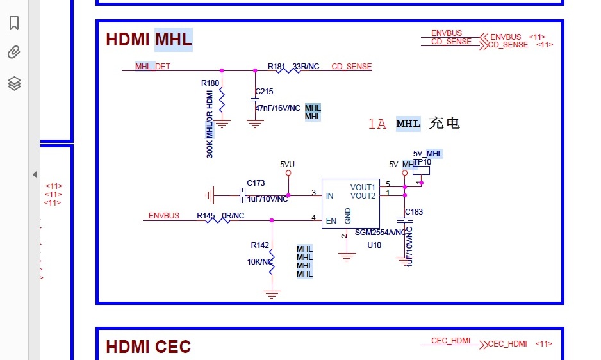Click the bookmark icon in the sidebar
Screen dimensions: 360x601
(x=14, y=23)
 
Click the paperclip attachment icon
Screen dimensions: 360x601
(x=14, y=53)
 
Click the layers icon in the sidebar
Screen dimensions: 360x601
(x=14, y=83)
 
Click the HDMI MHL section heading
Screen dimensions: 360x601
(x=149, y=40)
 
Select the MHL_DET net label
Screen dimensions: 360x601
(x=152, y=67)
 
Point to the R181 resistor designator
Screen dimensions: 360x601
(x=277, y=67)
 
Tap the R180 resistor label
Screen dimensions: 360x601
(x=210, y=83)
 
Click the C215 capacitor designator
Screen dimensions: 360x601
(x=264, y=92)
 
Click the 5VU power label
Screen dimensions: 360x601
(x=288, y=164)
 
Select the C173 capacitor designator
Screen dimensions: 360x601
(x=256, y=183)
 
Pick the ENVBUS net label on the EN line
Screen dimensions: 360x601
(x=164, y=216)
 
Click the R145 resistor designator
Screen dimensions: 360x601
(x=206, y=216)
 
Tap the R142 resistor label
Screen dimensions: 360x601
(x=259, y=245)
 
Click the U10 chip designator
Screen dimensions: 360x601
(x=374, y=245)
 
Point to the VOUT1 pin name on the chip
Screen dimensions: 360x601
(x=363, y=188)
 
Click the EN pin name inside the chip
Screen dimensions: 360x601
(x=331, y=221)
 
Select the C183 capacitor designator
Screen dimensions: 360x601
(x=414, y=212)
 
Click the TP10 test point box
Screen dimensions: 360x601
(x=421, y=169)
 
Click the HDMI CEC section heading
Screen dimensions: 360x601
(x=148, y=347)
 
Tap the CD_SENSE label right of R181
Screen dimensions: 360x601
(x=351, y=67)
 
